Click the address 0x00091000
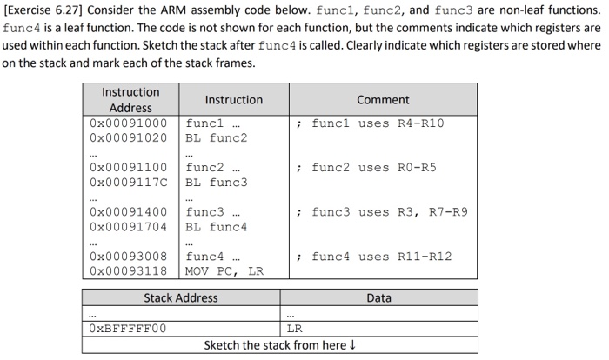[x=129, y=123]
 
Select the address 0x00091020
[x=129, y=137]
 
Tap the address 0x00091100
[x=129, y=167]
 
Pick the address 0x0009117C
[x=129, y=182]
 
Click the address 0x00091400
[x=129, y=211]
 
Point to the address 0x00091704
[x=129, y=227]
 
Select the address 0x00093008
[x=129, y=257]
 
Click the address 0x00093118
[x=129, y=271]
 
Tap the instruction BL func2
[x=217, y=137]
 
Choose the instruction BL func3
[x=217, y=182]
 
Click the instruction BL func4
[x=217, y=227]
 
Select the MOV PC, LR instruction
[x=224, y=271]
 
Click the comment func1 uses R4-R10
[x=371, y=123]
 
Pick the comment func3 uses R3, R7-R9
[x=382, y=211]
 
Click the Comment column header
[x=383, y=100]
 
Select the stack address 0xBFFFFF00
[x=128, y=329]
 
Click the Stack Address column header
[x=181, y=298]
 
